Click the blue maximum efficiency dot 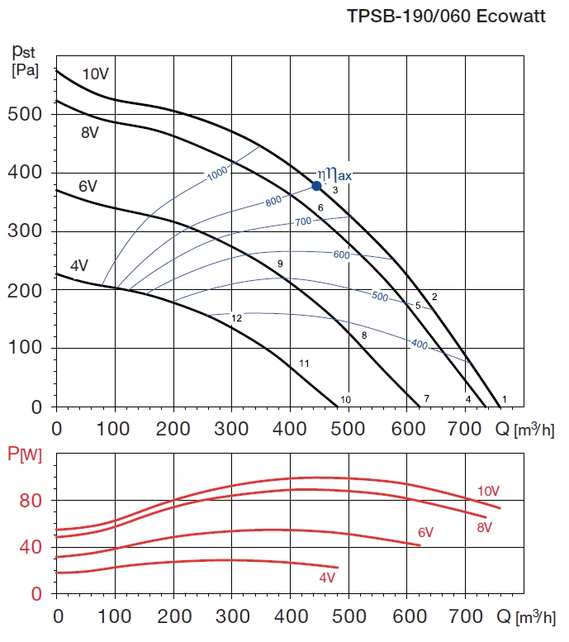[316, 186]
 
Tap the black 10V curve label [95, 74]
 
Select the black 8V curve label [90, 131]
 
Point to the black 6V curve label [88, 187]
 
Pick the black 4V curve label [78, 266]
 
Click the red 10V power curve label [488, 492]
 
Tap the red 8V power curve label [485, 526]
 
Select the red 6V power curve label [425, 532]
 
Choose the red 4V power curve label [328, 577]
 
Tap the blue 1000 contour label [217, 174]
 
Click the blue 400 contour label [420, 344]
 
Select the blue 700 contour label [303, 221]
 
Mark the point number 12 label [236, 318]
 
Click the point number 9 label [280, 264]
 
